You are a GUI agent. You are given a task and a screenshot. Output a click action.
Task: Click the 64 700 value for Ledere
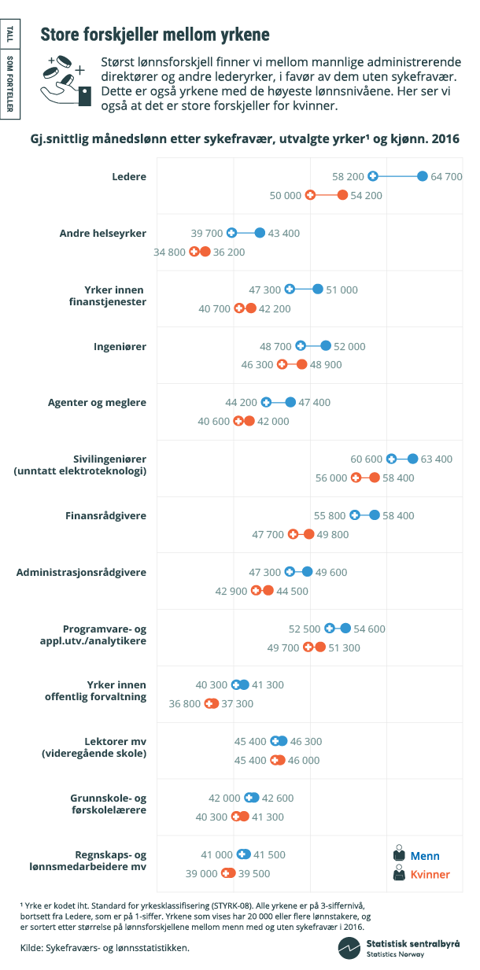coord(446,176)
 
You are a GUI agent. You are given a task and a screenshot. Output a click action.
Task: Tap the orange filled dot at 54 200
coord(342,195)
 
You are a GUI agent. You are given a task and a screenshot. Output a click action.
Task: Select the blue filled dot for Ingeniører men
coord(326,345)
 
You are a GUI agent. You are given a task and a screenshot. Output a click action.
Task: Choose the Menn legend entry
coord(416,855)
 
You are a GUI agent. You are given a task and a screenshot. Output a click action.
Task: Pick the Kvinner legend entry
coord(421,874)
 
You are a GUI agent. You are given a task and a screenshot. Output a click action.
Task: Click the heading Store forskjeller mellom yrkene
coord(155,35)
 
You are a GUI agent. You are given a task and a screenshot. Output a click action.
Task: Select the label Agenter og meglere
coord(98,402)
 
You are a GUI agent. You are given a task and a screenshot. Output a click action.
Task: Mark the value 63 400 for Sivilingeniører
coord(437,459)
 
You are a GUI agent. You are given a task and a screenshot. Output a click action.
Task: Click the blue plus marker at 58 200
coord(373,176)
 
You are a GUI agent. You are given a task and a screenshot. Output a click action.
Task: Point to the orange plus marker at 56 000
coord(356,478)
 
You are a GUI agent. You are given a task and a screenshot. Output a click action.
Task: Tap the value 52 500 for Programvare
coord(305,629)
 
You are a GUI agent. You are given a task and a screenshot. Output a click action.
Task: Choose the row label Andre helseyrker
coord(103,233)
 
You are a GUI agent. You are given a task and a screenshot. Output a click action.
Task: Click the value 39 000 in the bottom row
coord(201,873)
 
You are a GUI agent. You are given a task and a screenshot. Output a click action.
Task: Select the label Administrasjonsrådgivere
coord(81,572)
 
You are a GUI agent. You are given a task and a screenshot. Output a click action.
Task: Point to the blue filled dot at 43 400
coord(260,233)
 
